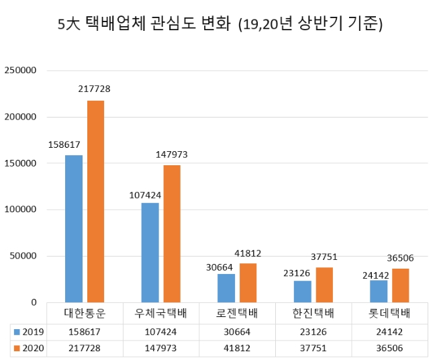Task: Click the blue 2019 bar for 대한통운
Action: (x=74, y=228)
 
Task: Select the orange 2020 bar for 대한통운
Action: (x=95, y=201)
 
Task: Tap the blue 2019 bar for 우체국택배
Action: (x=150, y=252)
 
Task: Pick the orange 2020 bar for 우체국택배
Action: (x=172, y=233)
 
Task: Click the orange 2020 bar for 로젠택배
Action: (x=248, y=283)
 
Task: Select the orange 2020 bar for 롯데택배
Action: (x=400, y=285)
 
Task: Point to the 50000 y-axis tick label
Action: (x=23, y=256)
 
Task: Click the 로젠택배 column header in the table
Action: (x=238, y=314)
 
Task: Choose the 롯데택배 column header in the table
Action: (x=390, y=314)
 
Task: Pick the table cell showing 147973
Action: (x=161, y=349)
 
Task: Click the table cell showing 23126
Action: (x=313, y=332)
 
